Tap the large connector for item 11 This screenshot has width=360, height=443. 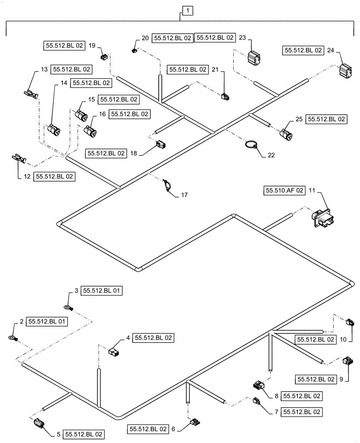click(x=322, y=218)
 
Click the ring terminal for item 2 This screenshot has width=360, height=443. click(x=12, y=339)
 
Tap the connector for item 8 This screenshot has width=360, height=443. click(x=258, y=387)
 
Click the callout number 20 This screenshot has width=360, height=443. click(x=145, y=39)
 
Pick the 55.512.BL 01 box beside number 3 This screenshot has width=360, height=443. click(x=101, y=291)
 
